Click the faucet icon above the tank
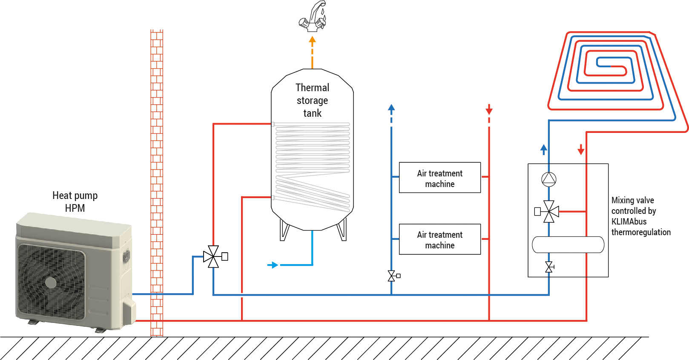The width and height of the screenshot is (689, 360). click(x=313, y=17)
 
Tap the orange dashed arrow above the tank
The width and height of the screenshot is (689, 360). click(x=312, y=51)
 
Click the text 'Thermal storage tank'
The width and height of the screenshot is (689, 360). click(x=312, y=101)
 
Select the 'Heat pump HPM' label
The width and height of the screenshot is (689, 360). click(x=75, y=202)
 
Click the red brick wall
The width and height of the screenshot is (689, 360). click(x=157, y=183)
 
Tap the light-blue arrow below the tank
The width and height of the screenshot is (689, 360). click(x=273, y=265)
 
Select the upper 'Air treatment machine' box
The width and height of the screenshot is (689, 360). click(x=439, y=178)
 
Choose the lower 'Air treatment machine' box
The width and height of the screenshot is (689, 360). click(x=439, y=239)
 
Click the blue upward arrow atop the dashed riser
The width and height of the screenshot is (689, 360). click(x=391, y=108)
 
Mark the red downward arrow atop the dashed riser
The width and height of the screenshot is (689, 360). click(x=489, y=110)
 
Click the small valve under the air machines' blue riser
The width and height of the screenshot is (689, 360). click(x=392, y=276)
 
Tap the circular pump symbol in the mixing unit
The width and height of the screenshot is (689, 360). click(x=549, y=179)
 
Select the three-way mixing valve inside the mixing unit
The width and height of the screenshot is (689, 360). click(x=549, y=211)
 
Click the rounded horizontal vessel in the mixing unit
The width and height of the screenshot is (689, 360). click(x=568, y=245)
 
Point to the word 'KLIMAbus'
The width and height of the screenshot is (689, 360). click(x=629, y=222)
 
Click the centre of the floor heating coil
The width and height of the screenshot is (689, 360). click(x=611, y=66)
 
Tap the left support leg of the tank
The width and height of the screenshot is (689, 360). click(x=284, y=230)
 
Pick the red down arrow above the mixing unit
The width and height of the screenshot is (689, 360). click(x=581, y=150)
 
